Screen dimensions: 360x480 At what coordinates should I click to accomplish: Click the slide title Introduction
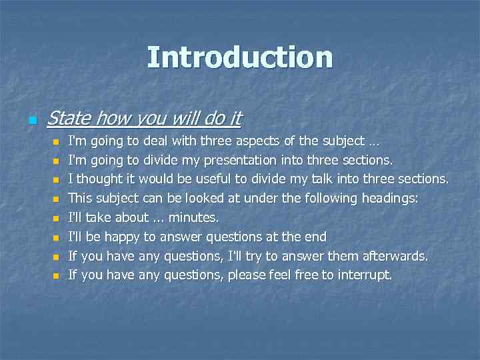[x=240, y=57]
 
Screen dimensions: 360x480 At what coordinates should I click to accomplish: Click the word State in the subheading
[x=69, y=119]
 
